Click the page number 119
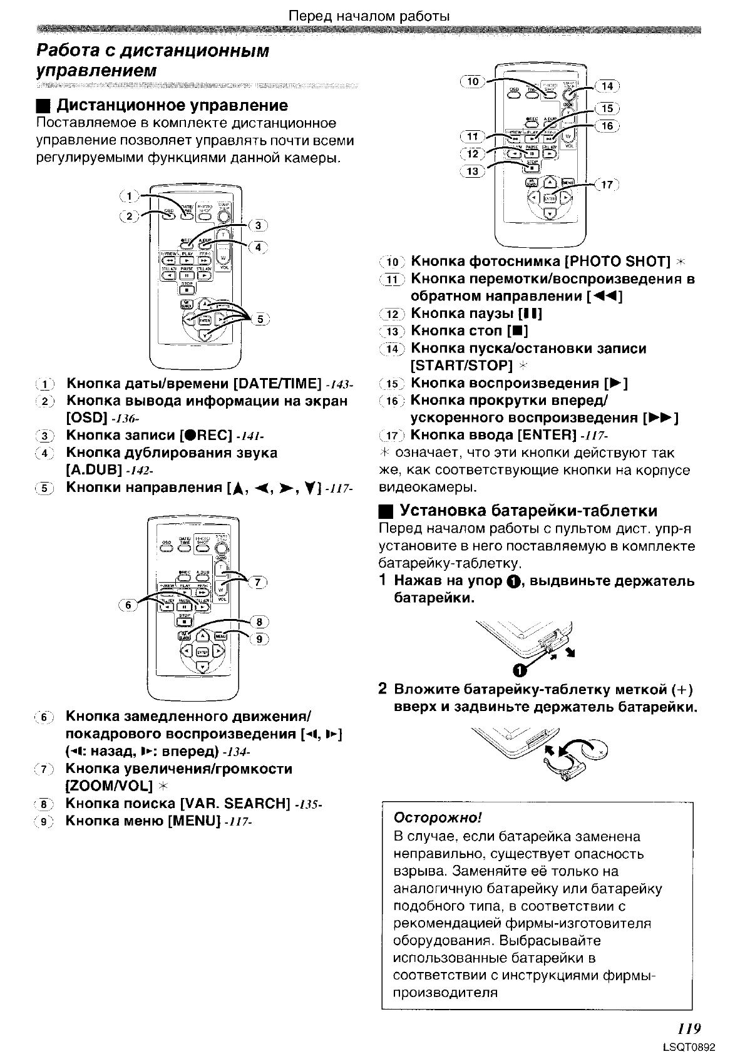pyautogui.click(x=688, y=1028)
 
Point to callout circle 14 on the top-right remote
pyautogui.click(x=607, y=86)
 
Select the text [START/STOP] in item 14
pyautogui.click(x=461, y=366)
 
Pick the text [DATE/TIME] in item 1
pyautogui.click(x=277, y=383)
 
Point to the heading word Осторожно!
pyautogui.click(x=438, y=818)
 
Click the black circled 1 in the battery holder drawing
pyautogui.click(x=518, y=671)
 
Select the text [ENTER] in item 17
pyautogui.click(x=546, y=434)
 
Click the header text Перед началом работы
pyautogui.click(x=369, y=16)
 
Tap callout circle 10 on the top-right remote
pyautogui.click(x=473, y=81)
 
